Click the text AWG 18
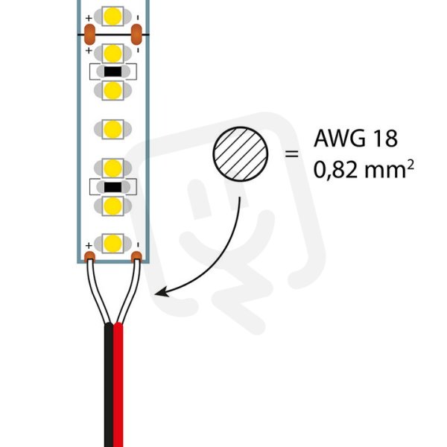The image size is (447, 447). coord(355,139)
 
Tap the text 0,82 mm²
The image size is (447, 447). coord(364,169)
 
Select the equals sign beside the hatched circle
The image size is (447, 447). coord(291,154)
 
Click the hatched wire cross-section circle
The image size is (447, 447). coord(241,154)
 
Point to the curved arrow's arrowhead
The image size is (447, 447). coord(161,292)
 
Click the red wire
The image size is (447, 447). coord(118,385)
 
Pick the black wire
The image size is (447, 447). coord(109,385)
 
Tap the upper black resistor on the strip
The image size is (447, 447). coord(113,72)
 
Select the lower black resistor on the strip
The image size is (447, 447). coord(113,187)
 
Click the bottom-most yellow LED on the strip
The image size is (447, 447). coord(113,243)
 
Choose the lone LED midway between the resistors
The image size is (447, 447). coord(113,129)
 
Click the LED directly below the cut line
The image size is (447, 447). coord(113,54)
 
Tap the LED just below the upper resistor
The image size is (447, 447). coord(113,91)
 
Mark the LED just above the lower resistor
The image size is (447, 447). coord(113,168)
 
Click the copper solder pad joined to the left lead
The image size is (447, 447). coord(89,256)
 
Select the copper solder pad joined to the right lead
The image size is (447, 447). coord(136,256)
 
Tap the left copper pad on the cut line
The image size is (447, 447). coord(89,34)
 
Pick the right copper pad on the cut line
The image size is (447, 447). coord(136,34)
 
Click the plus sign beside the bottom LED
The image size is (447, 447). coord(89,245)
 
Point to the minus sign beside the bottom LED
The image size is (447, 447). coord(138,245)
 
